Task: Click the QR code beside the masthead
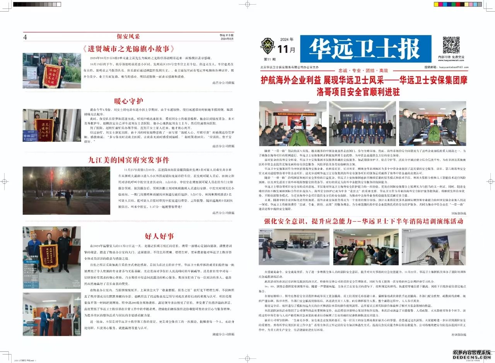[451, 45]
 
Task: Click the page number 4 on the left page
[25, 37]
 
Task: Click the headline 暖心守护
[128, 102]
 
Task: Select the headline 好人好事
[159, 236]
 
